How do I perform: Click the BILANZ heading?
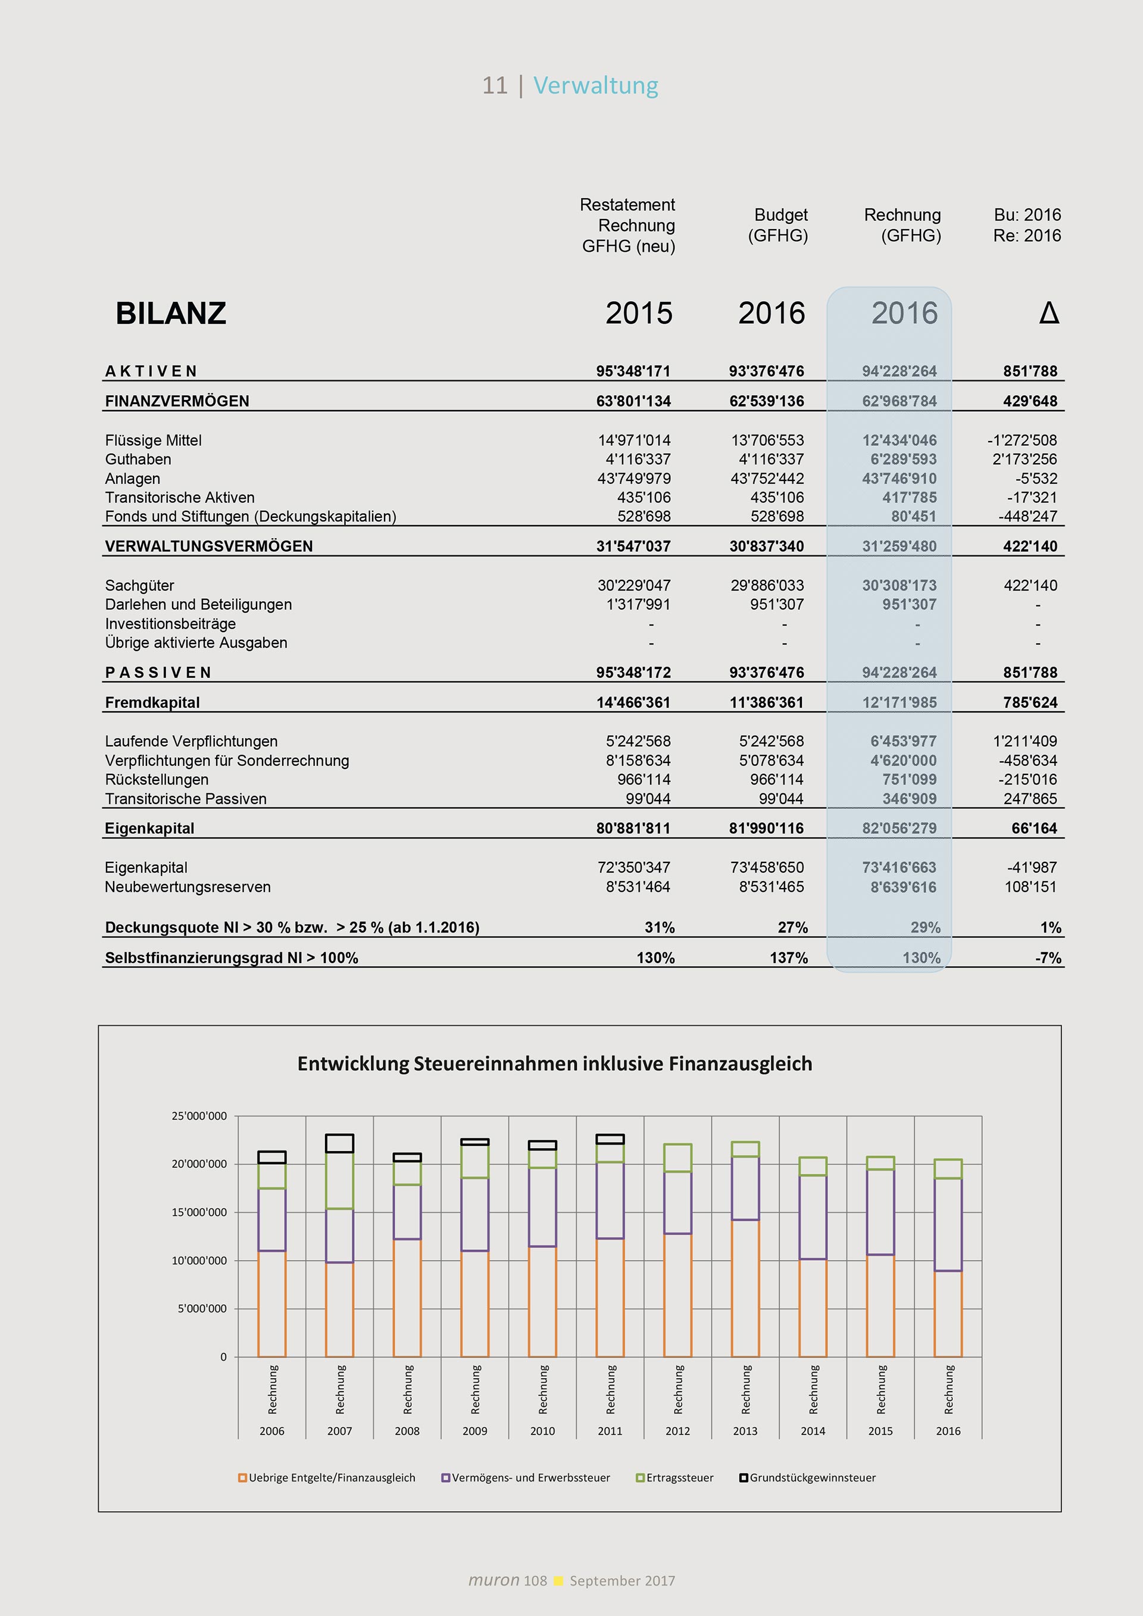tap(171, 313)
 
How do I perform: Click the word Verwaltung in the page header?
tap(595, 85)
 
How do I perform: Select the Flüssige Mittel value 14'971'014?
tap(634, 440)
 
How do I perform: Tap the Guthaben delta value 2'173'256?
tap(1024, 460)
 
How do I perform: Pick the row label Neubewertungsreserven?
tap(188, 887)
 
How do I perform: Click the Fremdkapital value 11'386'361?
tap(766, 702)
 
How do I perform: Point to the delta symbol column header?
tap(1049, 313)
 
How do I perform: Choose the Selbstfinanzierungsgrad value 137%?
tap(788, 958)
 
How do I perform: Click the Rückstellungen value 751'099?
tap(909, 780)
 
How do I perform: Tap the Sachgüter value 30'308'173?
tap(900, 586)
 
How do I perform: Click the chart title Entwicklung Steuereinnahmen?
tap(555, 1064)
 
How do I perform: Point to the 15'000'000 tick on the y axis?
tap(199, 1212)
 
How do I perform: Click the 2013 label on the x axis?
tap(745, 1431)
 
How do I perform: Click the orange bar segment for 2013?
tap(745, 1288)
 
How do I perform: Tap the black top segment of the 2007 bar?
tap(340, 1143)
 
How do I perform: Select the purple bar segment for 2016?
tap(948, 1225)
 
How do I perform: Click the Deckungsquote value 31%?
tap(660, 928)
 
